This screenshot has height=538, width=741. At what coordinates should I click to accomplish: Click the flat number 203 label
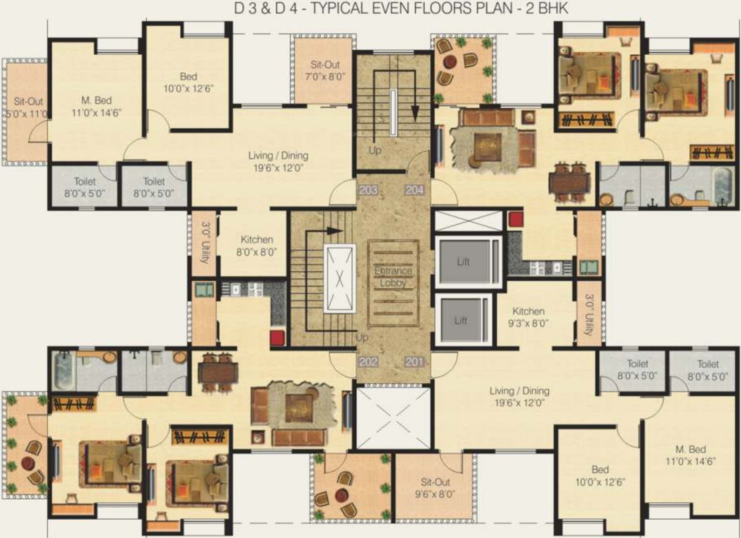(x=367, y=189)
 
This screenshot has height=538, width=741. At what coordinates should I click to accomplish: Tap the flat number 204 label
(x=414, y=189)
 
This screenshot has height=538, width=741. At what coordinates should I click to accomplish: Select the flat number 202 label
(x=367, y=361)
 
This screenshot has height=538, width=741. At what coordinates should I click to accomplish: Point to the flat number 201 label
(x=414, y=361)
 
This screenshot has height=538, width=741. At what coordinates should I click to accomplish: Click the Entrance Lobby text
(x=393, y=276)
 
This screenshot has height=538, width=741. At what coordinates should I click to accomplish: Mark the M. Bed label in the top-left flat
(x=95, y=106)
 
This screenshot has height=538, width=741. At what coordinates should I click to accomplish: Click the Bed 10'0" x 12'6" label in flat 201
(x=600, y=475)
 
